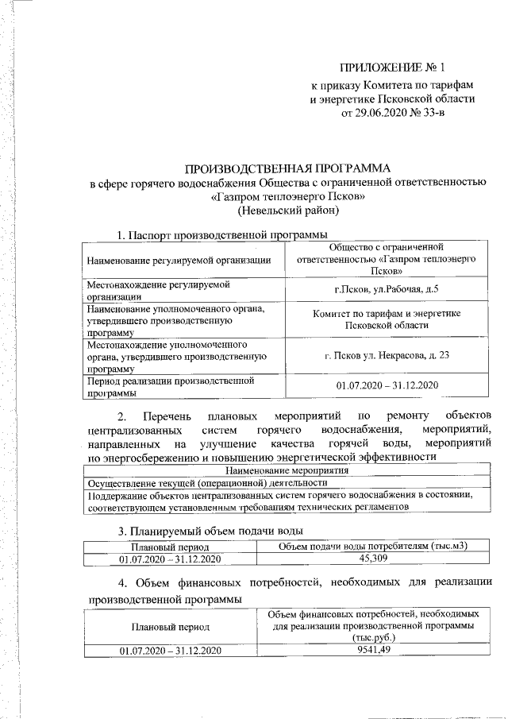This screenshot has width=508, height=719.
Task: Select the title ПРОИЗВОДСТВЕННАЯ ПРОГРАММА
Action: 288,169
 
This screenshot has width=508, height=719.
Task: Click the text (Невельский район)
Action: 288,211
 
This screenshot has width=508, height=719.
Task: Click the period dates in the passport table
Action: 387,385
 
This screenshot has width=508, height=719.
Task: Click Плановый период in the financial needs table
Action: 170,626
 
